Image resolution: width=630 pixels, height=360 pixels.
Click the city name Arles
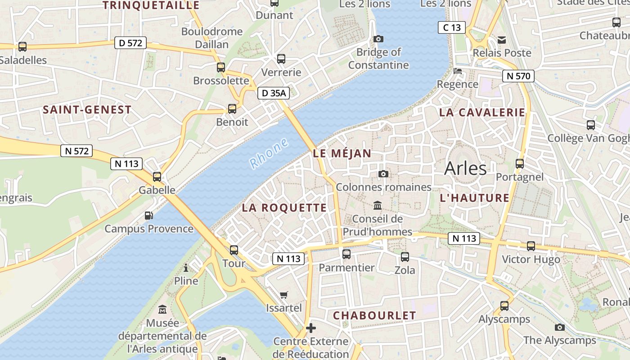[x=465, y=168]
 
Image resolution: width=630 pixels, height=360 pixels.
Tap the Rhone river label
[x=269, y=153]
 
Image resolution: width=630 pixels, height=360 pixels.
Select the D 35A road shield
[x=273, y=93]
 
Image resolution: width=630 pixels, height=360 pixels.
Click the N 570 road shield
[x=518, y=76]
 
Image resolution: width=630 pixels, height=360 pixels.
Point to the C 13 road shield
[x=452, y=27]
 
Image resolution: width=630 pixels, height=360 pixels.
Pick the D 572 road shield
[x=130, y=43]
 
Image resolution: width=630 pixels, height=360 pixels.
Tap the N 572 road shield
[x=76, y=151]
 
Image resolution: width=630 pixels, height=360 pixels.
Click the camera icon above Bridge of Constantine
[x=378, y=39]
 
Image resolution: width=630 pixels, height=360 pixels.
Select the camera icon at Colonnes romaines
[x=383, y=174]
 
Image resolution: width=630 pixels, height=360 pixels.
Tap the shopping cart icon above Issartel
[x=283, y=295]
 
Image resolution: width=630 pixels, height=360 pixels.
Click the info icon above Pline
[x=186, y=268]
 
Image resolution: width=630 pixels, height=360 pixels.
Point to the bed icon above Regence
[x=458, y=71]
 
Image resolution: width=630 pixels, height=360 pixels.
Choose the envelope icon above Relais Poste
[x=502, y=40]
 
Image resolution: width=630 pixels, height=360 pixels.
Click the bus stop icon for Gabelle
[x=157, y=177]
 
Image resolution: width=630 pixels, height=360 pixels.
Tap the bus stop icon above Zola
[x=405, y=257]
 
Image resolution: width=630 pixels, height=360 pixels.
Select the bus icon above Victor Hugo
[x=531, y=246]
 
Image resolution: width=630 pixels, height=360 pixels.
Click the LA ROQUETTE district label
[x=284, y=207]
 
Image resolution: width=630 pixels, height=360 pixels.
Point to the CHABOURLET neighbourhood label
[x=374, y=315]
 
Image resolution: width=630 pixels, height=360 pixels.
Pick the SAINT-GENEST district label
[x=87, y=109]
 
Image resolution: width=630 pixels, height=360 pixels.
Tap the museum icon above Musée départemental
[x=162, y=310]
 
